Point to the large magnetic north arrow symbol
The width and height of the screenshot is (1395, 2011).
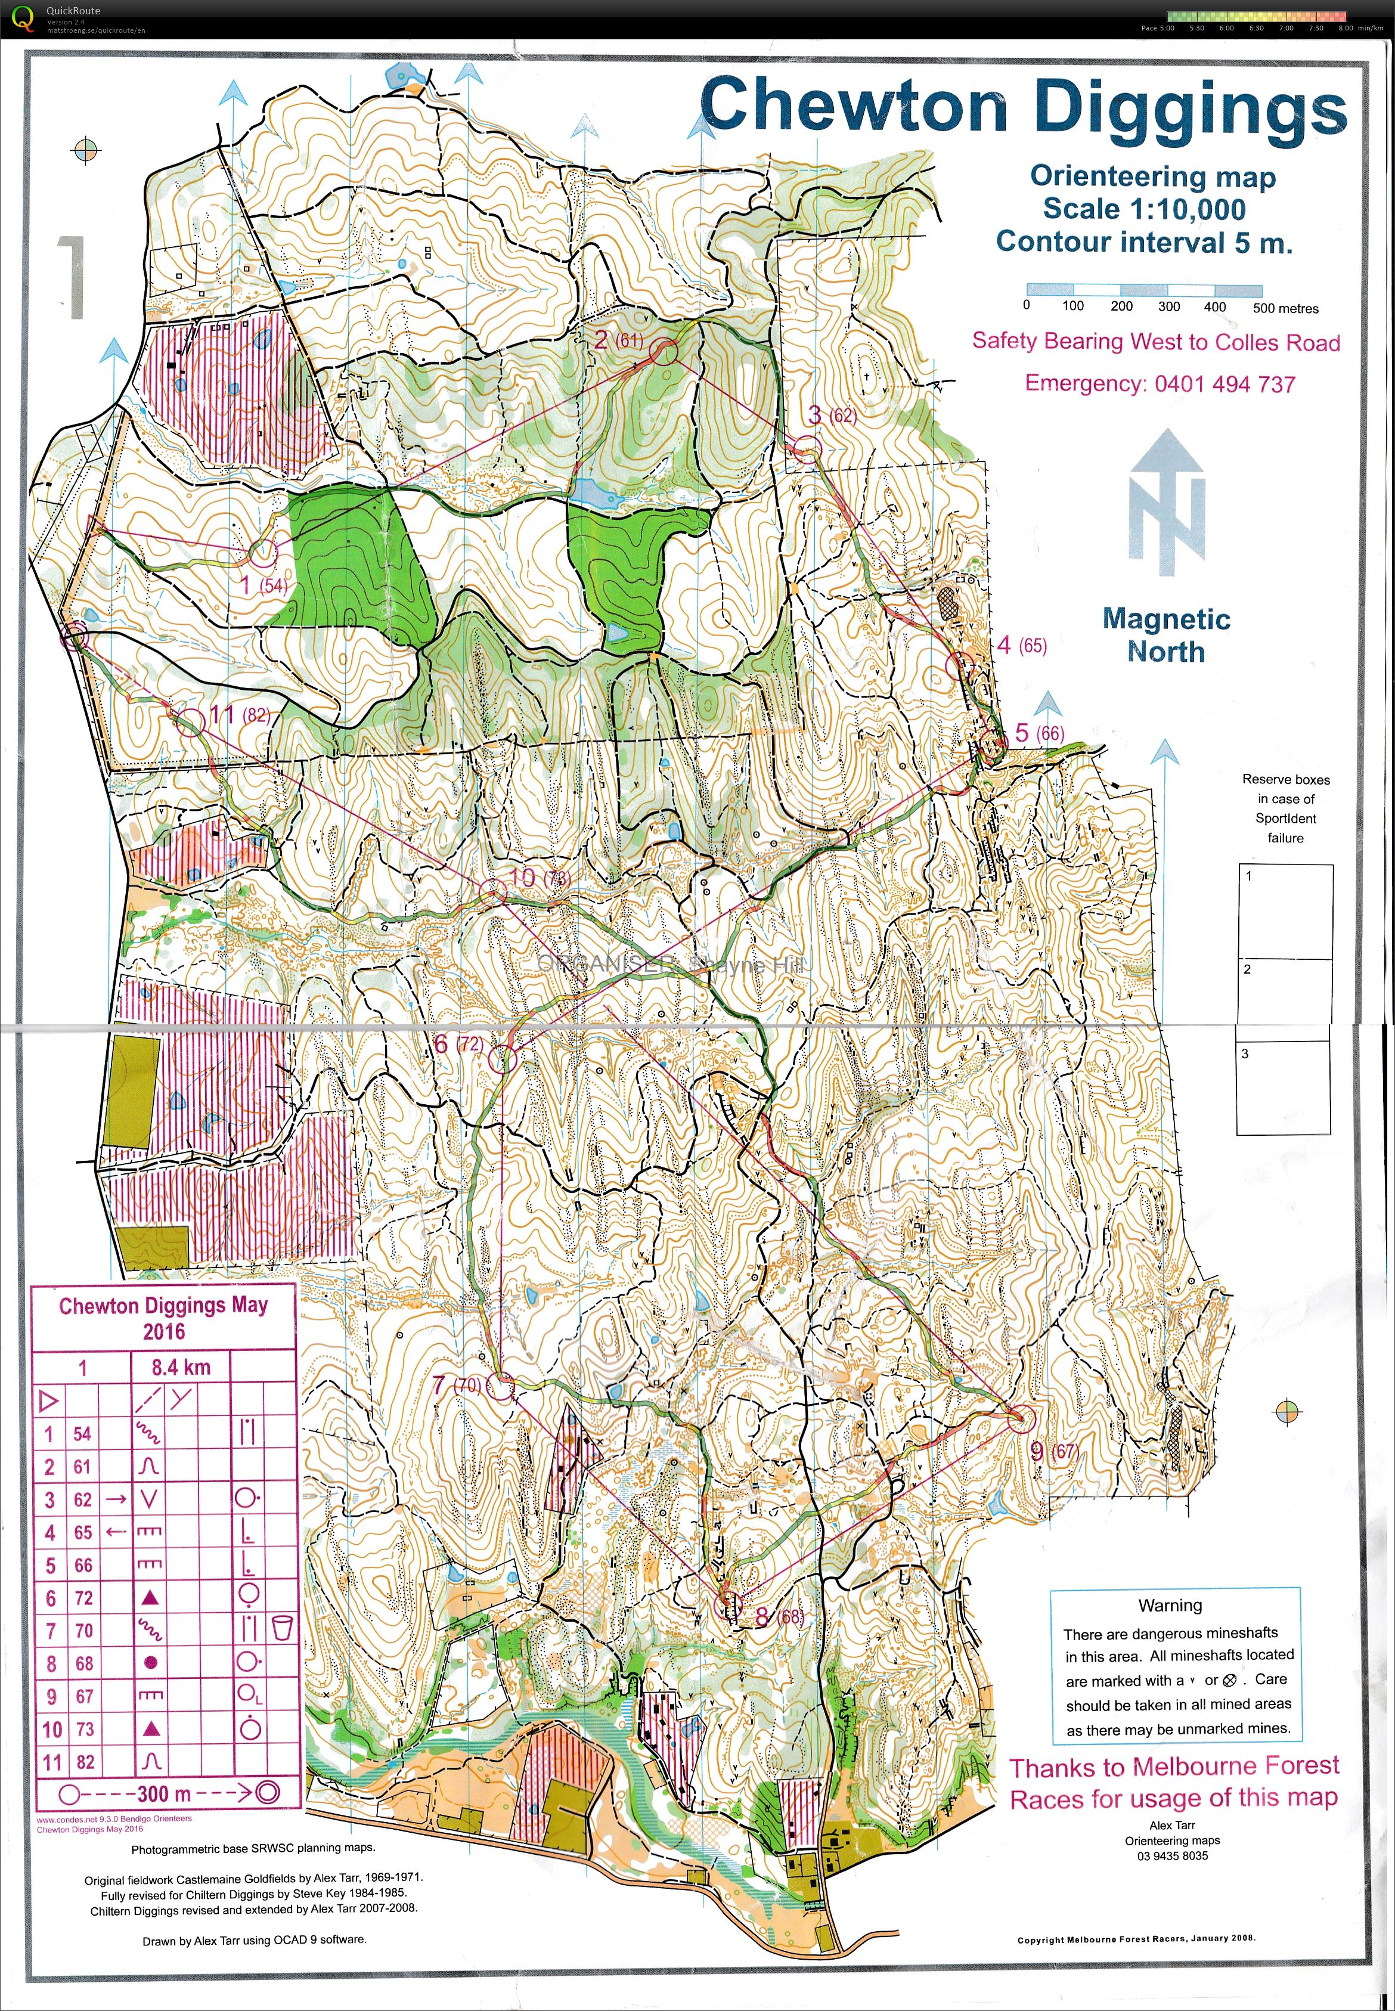pos(1166,503)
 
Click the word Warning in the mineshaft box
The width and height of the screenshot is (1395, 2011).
pos(1170,1606)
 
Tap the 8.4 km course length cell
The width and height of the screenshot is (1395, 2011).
pos(181,1367)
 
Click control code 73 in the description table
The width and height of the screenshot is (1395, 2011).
pos(84,1729)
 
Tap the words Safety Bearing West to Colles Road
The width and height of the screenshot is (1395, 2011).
pos(1155,342)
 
